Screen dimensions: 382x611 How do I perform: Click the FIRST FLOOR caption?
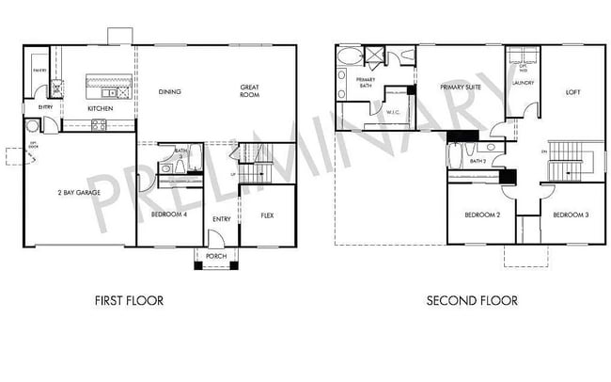(x=130, y=301)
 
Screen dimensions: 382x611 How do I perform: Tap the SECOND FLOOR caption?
(x=471, y=301)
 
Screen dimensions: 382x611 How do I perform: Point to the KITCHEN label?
(x=101, y=109)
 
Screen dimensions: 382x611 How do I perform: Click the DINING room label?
(x=170, y=91)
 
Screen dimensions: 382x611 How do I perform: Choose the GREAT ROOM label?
(x=249, y=90)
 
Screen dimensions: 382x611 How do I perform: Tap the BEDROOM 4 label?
(x=169, y=215)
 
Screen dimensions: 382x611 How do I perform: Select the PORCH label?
(x=216, y=254)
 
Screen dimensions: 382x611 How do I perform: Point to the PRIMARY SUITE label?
(x=461, y=87)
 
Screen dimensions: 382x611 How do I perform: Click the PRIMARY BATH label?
(x=365, y=83)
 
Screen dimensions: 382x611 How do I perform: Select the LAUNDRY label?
(x=523, y=83)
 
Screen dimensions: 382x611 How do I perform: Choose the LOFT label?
(x=572, y=92)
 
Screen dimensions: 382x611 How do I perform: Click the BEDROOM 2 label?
(x=482, y=215)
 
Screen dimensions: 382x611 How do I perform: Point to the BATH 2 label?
(x=478, y=161)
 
